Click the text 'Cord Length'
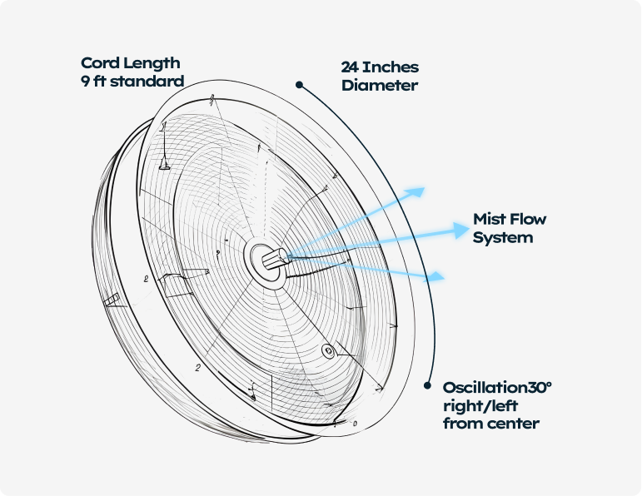pyautogui.click(x=130, y=63)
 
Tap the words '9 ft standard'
pyautogui.click(x=132, y=82)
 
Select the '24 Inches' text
pyautogui.click(x=380, y=67)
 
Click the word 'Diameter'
pyautogui.click(x=379, y=85)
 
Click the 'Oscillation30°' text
pyautogui.click(x=497, y=388)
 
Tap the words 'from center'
pyautogui.click(x=490, y=424)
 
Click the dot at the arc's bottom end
pyautogui.click(x=427, y=386)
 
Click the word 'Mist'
pyautogui.click(x=489, y=220)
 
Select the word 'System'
pyautogui.click(x=503, y=237)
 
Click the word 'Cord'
pyautogui.click(x=100, y=63)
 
